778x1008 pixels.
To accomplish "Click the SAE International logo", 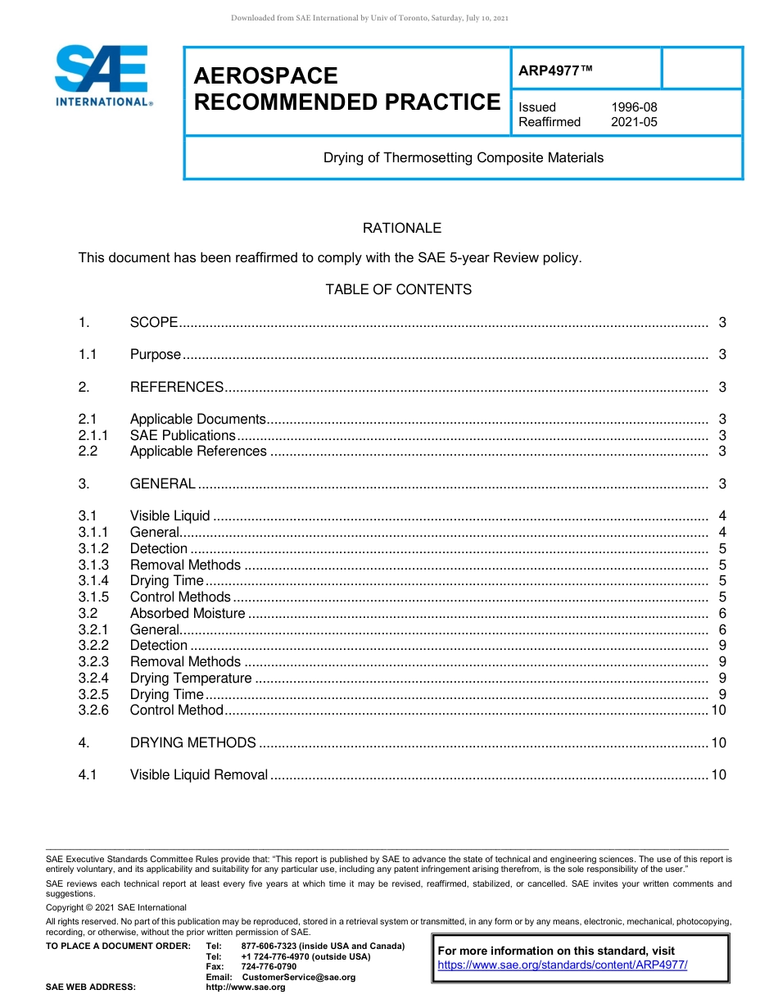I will (102, 75).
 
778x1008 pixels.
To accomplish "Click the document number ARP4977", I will (554, 71).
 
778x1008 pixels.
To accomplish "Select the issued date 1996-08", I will (634, 107).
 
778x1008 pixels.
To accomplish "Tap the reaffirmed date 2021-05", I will (634, 122).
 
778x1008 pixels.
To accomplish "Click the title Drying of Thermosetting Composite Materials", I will (463, 157).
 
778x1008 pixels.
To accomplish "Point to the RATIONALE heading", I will (401, 228).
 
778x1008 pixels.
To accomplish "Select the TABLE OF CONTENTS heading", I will (398, 289).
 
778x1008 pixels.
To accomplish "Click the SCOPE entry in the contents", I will (154, 322).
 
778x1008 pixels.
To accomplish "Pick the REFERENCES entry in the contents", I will (176, 387).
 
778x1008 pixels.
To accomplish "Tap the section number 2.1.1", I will (94, 435).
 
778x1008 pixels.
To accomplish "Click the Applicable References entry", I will (198, 452).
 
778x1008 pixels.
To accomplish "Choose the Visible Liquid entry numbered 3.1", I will (170, 516).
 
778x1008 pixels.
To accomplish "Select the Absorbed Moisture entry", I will (188, 614).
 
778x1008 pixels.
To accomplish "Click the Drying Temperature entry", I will (191, 679).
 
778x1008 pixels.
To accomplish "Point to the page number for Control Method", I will (718, 711).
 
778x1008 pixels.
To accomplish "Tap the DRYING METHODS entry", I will (193, 742).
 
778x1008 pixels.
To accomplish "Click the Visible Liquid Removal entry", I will (199, 775).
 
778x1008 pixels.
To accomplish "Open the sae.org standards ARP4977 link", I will (563, 965).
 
